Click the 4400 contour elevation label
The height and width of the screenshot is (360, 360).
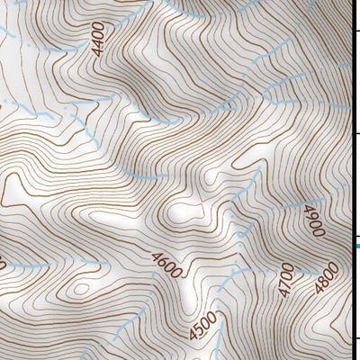coord(98,40)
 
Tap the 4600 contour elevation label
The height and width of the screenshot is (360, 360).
coord(167,265)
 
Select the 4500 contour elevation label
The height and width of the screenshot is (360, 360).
coord(203,325)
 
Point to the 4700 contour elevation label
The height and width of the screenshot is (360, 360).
coord(286,280)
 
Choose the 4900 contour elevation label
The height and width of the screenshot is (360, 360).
coord(314,220)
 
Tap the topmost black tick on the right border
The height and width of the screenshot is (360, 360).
coord(355,31)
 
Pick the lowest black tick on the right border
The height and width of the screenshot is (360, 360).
coord(355,339)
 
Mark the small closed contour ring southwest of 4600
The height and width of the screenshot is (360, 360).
coord(80,289)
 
